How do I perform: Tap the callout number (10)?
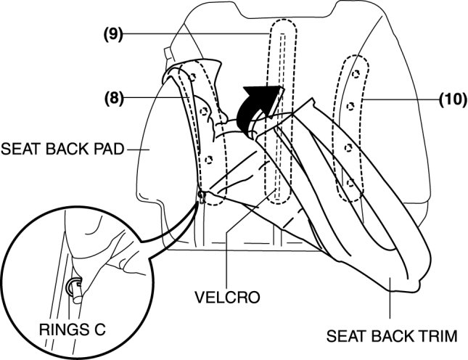[453, 101]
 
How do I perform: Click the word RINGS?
[57, 330]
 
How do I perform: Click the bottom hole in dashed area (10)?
[349, 183]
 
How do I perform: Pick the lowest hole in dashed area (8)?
[208, 160]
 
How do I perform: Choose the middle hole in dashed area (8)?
[204, 111]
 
